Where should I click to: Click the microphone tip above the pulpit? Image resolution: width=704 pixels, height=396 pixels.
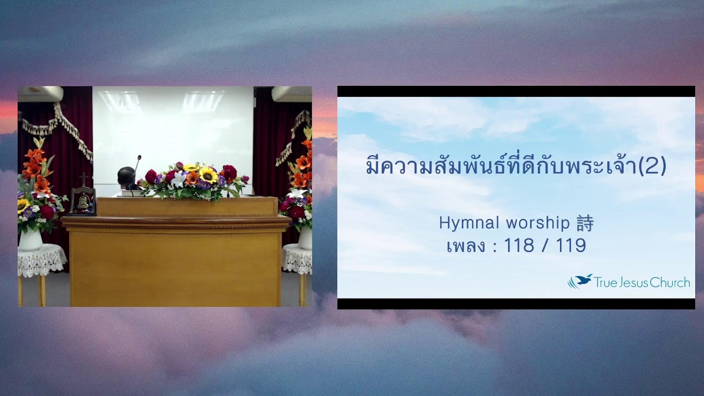pyautogui.click(x=139, y=157)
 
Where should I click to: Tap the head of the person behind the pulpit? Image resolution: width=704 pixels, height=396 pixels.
pyautogui.click(x=126, y=177)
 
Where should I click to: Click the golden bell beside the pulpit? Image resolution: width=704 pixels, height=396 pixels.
pyautogui.click(x=82, y=201)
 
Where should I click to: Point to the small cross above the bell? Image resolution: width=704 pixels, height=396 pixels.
pyautogui.click(x=83, y=179)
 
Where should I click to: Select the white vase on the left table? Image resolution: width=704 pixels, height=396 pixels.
pyautogui.click(x=31, y=239)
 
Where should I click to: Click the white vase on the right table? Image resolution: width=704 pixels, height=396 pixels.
pyautogui.click(x=305, y=238)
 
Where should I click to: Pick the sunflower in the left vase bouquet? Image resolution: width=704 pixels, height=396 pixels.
pyautogui.click(x=23, y=205)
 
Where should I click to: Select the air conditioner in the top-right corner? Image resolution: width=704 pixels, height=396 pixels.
pyautogui.click(x=292, y=94)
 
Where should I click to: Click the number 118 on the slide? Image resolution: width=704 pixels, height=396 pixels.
pyautogui.click(x=519, y=246)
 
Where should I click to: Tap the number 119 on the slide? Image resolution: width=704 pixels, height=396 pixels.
pyautogui.click(x=571, y=246)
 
